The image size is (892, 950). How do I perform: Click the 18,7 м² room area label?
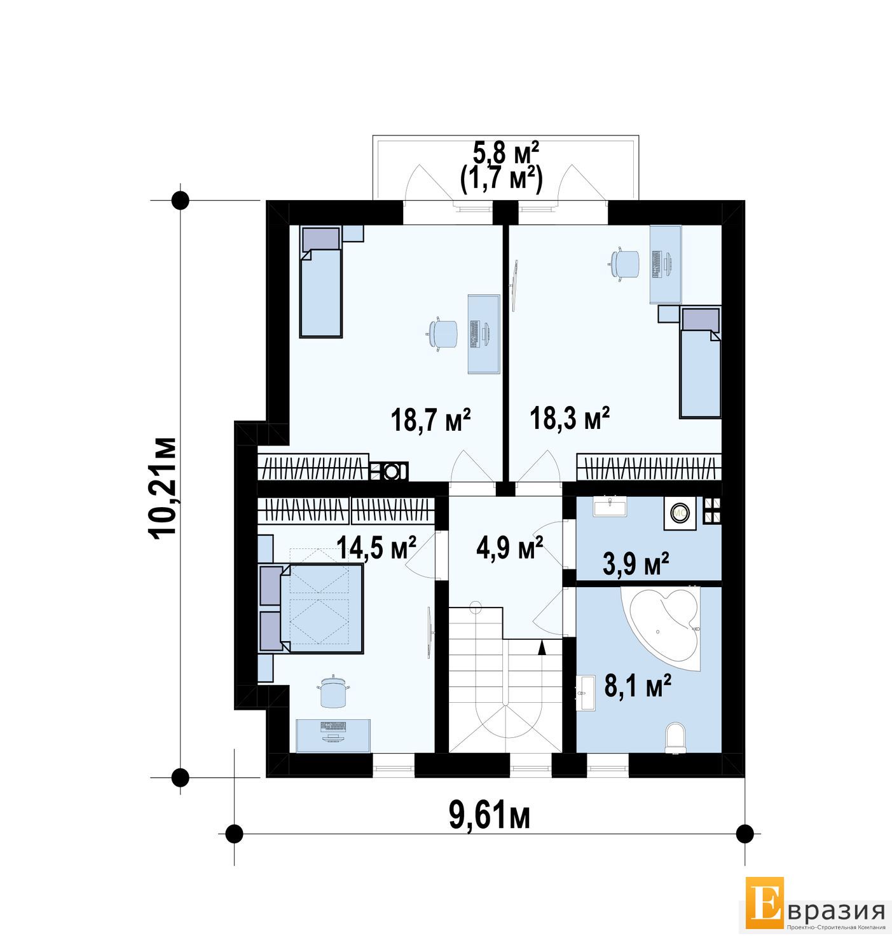tap(430, 420)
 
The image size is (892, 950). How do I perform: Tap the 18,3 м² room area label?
tap(569, 418)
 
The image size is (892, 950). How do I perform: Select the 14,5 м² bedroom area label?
tap(376, 547)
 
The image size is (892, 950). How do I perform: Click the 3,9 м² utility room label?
tap(635, 564)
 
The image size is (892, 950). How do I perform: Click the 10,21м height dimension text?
tap(163, 488)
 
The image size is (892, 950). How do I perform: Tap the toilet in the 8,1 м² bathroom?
tap(676, 737)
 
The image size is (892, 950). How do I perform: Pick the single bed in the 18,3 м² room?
tap(699, 362)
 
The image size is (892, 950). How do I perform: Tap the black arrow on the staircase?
tap(542, 647)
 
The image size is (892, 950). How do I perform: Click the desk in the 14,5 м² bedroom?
tap(333, 736)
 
